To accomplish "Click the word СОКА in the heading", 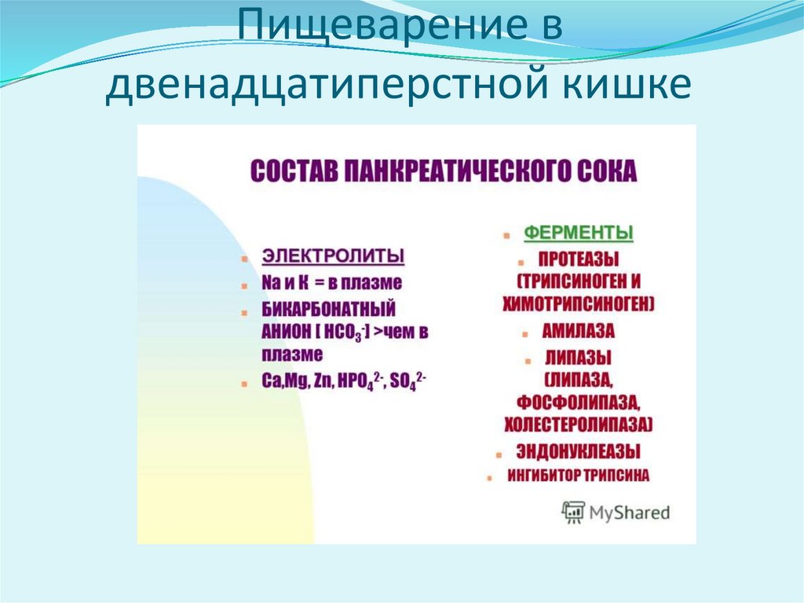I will pos(605,171).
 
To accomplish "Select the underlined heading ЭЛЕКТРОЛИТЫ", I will pos(333,256).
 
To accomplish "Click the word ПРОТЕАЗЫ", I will pos(579,259).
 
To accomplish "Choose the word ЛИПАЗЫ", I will pos(579,358).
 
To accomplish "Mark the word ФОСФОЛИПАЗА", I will pos(579,403).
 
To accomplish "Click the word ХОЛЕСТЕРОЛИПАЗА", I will pos(579,425).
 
